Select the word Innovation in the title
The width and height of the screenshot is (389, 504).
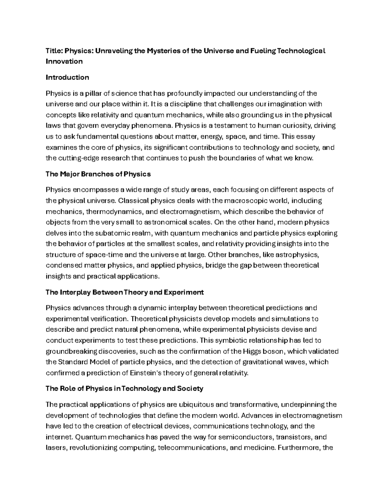tap(64, 61)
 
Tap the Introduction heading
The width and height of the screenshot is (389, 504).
tap(67, 77)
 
